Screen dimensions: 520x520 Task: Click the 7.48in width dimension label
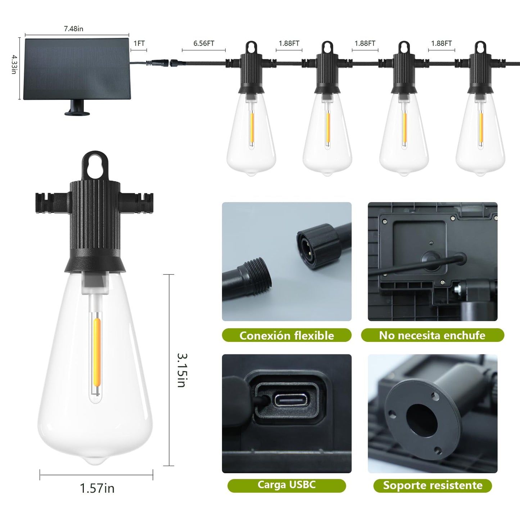tap(73, 28)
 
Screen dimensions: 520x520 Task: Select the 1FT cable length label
tap(139, 43)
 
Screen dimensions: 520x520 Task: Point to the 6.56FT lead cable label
tap(204, 43)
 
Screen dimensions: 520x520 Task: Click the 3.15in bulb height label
tap(182, 370)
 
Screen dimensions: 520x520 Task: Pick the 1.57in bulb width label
tap(97, 488)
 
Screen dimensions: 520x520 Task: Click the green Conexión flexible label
tap(286, 335)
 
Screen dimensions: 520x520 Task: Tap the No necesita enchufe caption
tap(432, 335)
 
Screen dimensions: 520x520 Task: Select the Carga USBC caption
tap(286, 485)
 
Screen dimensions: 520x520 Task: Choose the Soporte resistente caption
tap(433, 485)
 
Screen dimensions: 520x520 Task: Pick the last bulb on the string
tap(480, 108)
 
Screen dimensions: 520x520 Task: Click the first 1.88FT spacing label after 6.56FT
tap(289, 43)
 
